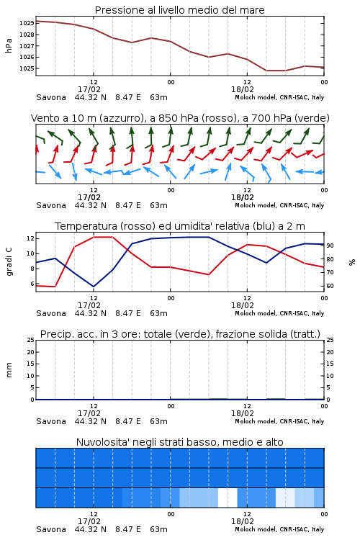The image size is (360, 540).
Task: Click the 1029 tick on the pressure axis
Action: (x=27, y=24)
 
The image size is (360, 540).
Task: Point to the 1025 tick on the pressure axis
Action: (x=27, y=68)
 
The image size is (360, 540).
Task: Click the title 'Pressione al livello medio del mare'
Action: (x=180, y=10)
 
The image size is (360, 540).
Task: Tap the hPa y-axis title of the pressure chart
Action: (x=9, y=46)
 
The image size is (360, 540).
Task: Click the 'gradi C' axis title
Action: (x=9, y=262)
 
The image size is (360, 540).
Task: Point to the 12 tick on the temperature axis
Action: (x=30, y=238)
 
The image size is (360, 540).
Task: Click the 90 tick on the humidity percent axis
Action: (x=330, y=246)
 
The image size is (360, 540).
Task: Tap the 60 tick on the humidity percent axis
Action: (x=330, y=286)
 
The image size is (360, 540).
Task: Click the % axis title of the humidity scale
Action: (x=352, y=262)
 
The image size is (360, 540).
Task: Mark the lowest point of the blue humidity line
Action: (x=94, y=287)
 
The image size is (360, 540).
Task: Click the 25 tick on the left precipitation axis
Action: (x=30, y=340)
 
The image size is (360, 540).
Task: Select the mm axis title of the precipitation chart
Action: (x=9, y=370)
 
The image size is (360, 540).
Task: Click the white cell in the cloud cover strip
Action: (x=228, y=498)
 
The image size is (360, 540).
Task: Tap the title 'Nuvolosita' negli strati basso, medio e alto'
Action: (x=180, y=442)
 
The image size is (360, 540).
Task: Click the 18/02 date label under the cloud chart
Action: (x=243, y=521)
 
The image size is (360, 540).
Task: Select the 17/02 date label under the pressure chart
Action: (x=89, y=89)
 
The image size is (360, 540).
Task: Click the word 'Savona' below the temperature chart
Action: (x=51, y=313)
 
